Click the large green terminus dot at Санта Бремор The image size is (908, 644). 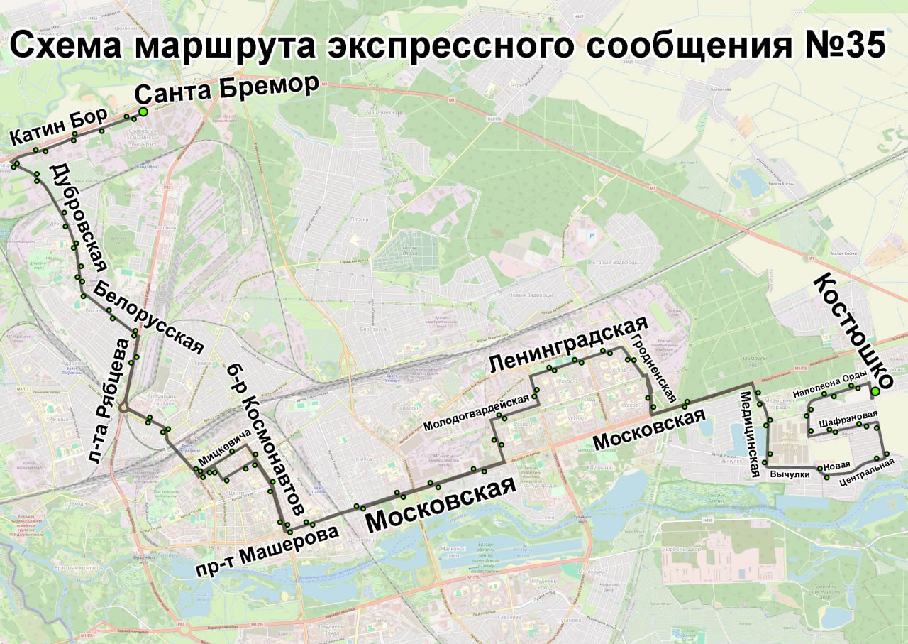(143, 111)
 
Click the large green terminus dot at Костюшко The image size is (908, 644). (875, 391)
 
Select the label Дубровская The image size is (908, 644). (78, 217)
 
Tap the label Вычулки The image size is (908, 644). (790, 474)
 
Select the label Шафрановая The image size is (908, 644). (848, 419)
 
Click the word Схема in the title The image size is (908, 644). (69, 47)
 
